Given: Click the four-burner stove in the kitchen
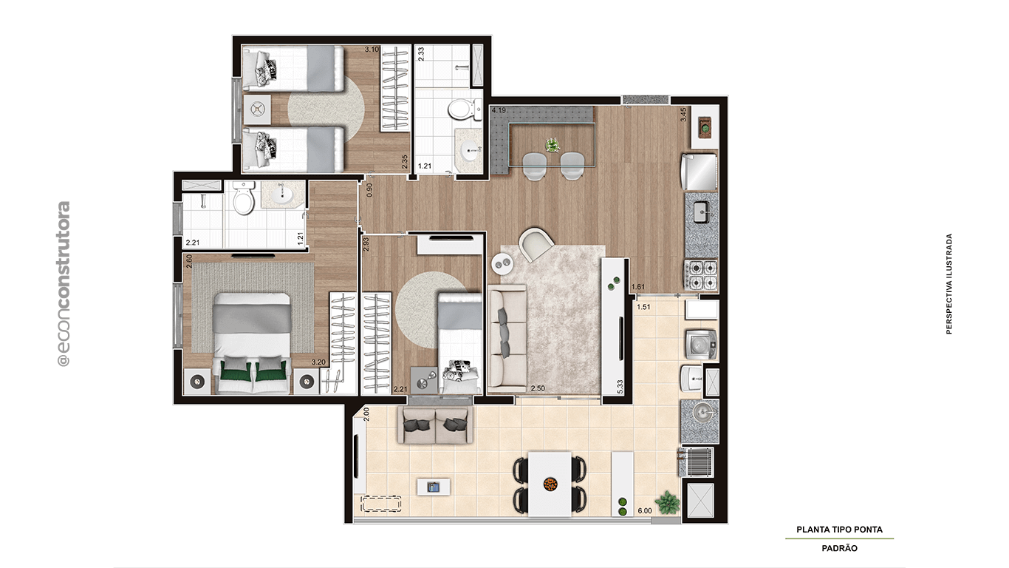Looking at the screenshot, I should (x=701, y=274).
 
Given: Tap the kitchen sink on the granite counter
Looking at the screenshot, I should (x=701, y=214).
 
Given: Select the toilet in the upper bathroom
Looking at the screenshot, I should (x=460, y=111).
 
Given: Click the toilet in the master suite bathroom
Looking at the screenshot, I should (x=243, y=198).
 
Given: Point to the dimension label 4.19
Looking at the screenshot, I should (x=499, y=112).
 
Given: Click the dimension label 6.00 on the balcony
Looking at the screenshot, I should (x=644, y=510).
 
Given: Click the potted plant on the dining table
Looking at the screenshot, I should (x=553, y=144).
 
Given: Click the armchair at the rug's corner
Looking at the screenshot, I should (x=536, y=244).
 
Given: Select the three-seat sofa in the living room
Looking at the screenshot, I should (x=507, y=340).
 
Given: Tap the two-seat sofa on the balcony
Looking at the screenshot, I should (x=436, y=425).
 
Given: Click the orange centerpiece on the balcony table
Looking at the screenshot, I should (x=550, y=484).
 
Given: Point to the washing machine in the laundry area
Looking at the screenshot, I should (x=697, y=343).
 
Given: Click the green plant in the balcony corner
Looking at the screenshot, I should (x=668, y=502).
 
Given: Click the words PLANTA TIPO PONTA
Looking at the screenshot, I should (x=839, y=530).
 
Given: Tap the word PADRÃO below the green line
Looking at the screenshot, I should (x=839, y=548).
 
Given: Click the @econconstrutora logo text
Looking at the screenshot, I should (x=64, y=284).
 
